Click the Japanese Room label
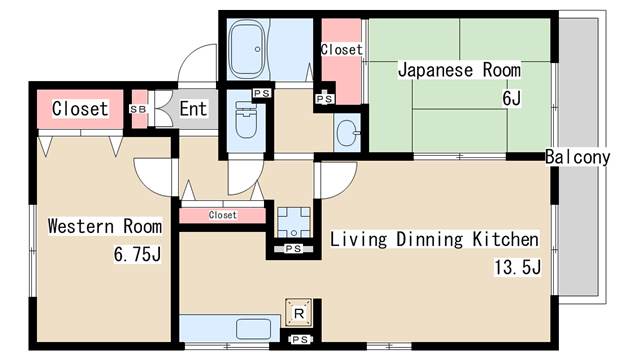tap(459, 70)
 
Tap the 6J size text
tap(511, 98)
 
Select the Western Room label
tap(105, 226)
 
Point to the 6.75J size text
tap(137, 254)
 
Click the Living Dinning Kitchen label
tap(434, 239)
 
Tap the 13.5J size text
tap(518, 267)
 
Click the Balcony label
tap(578, 157)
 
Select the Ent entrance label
tap(193, 109)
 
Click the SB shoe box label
tap(138, 109)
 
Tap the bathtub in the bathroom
tap(247, 49)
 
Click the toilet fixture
tap(246, 120)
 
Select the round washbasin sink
tap(348, 133)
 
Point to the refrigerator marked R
tap(299, 313)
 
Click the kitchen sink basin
tap(253, 329)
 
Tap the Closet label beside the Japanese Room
tap(342, 50)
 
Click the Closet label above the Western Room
tap(80, 109)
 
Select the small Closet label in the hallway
tap(222, 215)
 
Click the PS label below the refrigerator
tap(300, 339)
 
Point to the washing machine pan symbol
tap(294, 222)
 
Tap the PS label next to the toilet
tap(262, 93)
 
